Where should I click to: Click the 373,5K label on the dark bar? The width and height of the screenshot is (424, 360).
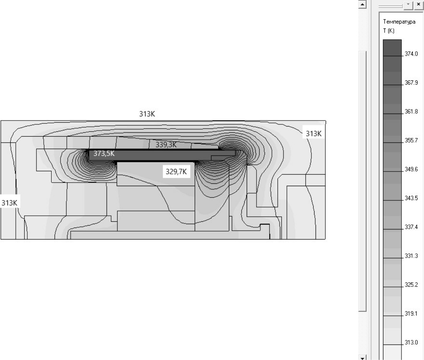[x=104, y=153]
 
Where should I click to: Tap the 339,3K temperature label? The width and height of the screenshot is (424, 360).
[x=166, y=145]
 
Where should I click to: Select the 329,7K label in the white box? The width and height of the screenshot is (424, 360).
[x=176, y=172]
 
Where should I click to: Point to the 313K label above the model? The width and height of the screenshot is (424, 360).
[x=147, y=114]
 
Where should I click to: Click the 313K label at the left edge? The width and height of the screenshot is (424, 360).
[x=10, y=203]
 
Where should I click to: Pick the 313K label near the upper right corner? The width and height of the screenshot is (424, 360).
[x=314, y=134]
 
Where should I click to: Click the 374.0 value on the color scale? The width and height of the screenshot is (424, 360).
[x=411, y=54]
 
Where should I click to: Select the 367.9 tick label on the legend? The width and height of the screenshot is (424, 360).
[x=411, y=83]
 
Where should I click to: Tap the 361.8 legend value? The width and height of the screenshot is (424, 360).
[x=411, y=112]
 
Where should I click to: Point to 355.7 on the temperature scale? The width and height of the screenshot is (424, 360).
[x=411, y=140]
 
